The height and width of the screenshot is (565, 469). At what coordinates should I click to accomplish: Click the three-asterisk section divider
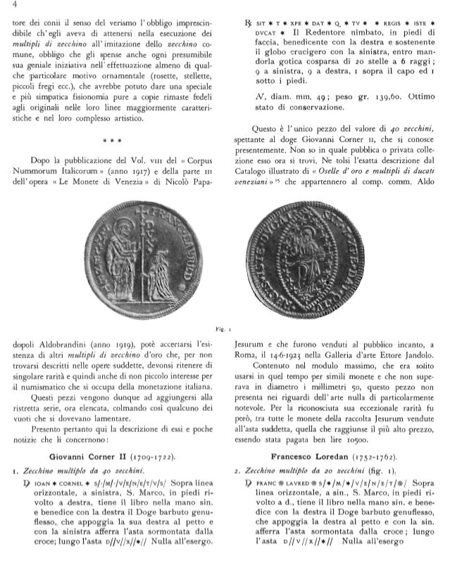[x=119, y=139]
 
